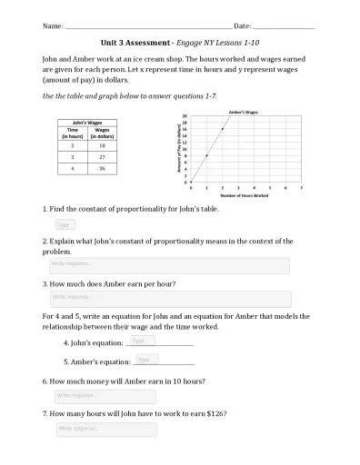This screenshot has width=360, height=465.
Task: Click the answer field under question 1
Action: (x=65, y=224)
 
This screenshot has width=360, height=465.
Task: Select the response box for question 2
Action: (x=168, y=265)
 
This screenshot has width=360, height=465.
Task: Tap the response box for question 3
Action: (x=170, y=298)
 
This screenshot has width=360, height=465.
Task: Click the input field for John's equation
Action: (x=143, y=341)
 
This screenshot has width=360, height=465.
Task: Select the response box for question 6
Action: (x=105, y=396)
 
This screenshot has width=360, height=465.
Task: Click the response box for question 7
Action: (x=105, y=429)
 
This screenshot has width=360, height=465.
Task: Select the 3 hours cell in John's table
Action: (x=72, y=155)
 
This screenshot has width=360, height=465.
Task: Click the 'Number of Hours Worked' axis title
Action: (x=245, y=195)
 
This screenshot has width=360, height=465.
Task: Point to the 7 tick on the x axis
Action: (x=301, y=187)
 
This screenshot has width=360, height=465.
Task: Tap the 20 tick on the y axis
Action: (x=185, y=116)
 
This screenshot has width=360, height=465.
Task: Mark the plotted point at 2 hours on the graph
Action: (x=223, y=129)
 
